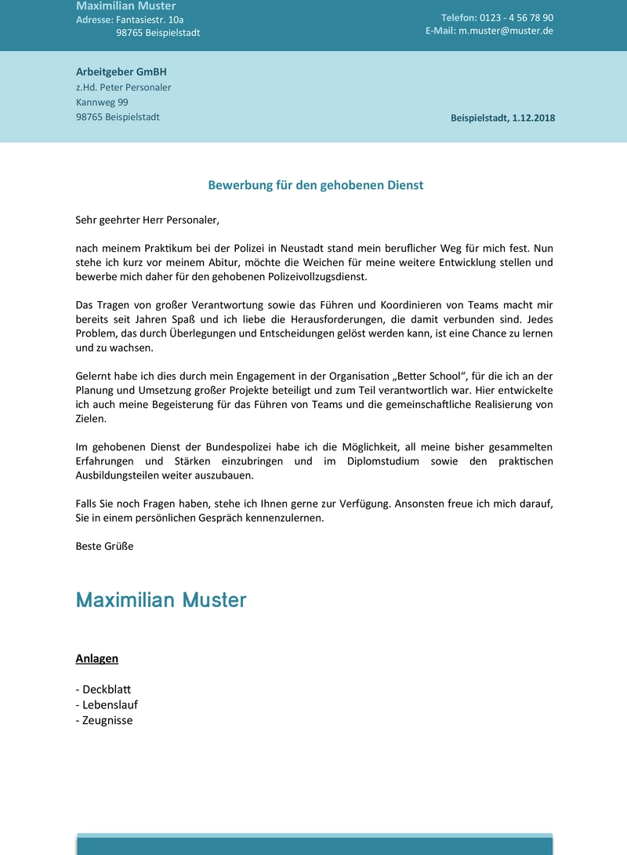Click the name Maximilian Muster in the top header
(125, 6)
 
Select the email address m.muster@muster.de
(506, 31)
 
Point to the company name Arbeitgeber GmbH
(121, 71)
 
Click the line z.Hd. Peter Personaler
(123, 87)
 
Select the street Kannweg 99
(102, 102)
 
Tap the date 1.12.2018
(533, 118)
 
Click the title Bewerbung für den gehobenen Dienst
(315, 185)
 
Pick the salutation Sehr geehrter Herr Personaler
(147, 220)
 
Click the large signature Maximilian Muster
(161, 600)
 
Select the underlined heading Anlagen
(96, 659)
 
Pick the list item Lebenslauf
(110, 704)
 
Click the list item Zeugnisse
(107, 720)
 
